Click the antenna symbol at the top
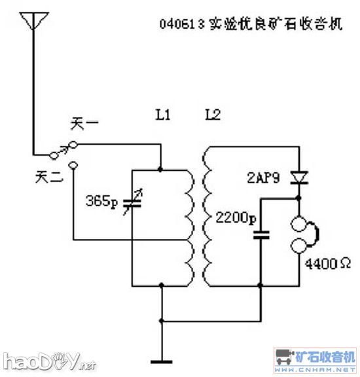click(x=31, y=22)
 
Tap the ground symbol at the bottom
click(x=161, y=361)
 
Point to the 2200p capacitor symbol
click(x=261, y=234)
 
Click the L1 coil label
click(x=163, y=115)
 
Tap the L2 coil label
click(x=213, y=115)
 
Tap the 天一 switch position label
click(x=82, y=124)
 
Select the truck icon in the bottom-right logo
click(x=283, y=357)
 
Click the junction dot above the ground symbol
click(x=161, y=321)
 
